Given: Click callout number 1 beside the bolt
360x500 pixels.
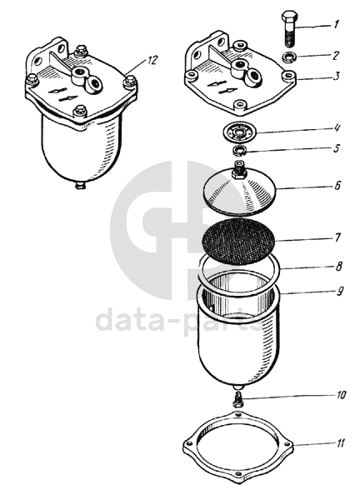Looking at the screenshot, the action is pyautogui.click(x=336, y=24).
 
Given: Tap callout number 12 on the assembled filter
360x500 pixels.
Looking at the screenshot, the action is pyautogui.click(x=152, y=60).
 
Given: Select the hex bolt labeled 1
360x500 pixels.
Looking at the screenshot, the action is pyautogui.click(x=289, y=28).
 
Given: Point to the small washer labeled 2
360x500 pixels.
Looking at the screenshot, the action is pyautogui.click(x=289, y=57).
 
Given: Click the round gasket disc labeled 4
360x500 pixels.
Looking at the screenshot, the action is pyautogui.click(x=239, y=132).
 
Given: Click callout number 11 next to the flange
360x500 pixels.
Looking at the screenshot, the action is pyautogui.click(x=340, y=443).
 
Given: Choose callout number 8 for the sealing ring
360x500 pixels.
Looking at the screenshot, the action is pyautogui.click(x=338, y=266).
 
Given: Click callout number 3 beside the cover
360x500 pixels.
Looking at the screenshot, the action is pyautogui.click(x=337, y=77).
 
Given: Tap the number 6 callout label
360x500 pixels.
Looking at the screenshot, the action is pyautogui.click(x=337, y=185).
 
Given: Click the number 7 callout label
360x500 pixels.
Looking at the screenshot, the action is pyautogui.click(x=337, y=237).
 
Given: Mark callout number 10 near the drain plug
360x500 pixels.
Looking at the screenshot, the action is pyautogui.click(x=340, y=395).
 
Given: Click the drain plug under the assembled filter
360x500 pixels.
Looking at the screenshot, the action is pyautogui.click(x=80, y=185).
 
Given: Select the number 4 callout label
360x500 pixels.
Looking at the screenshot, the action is pyautogui.click(x=337, y=129).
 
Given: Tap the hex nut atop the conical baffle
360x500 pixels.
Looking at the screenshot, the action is pyautogui.click(x=239, y=172).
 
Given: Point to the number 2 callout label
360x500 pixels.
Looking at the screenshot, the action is pyautogui.click(x=336, y=56).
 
